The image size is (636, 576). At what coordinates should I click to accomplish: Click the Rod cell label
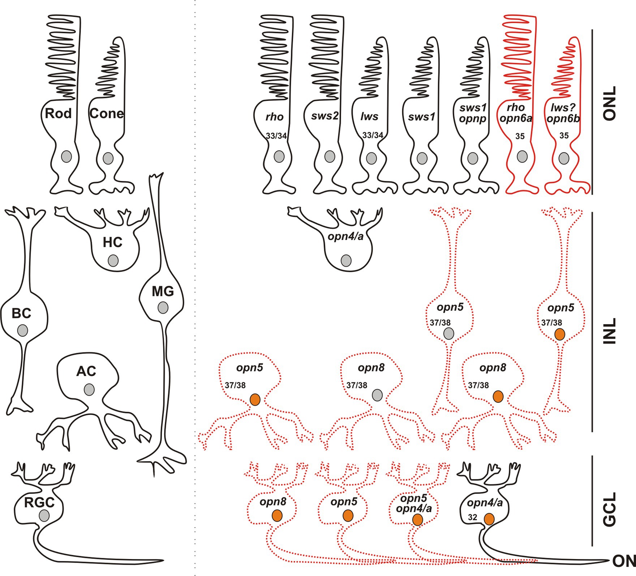click(58, 114)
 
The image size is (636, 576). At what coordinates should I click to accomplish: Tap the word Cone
click(107, 114)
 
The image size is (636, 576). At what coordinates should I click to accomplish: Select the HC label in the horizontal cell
click(112, 242)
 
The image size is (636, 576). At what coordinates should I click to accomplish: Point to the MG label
click(163, 291)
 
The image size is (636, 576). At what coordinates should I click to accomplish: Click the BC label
click(21, 313)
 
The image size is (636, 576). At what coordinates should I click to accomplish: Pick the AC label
click(86, 371)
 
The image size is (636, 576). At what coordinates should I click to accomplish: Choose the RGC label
click(39, 503)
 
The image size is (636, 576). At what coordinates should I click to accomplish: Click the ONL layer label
click(610, 103)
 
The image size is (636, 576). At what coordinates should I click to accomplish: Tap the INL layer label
click(610, 331)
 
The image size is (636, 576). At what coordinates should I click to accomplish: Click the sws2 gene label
click(325, 116)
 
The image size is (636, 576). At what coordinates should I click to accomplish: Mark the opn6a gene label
click(516, 118)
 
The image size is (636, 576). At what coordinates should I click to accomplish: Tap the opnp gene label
click(473, 118)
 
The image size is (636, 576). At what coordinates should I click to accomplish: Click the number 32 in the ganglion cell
click(472, 518)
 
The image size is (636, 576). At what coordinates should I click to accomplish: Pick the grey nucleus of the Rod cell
click(66, 157)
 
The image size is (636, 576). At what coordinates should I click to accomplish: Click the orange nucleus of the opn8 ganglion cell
click(277, 516)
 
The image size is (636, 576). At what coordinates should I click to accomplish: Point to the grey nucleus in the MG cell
click(163, 308)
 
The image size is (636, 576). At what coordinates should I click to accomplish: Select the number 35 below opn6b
click(564, 136)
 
